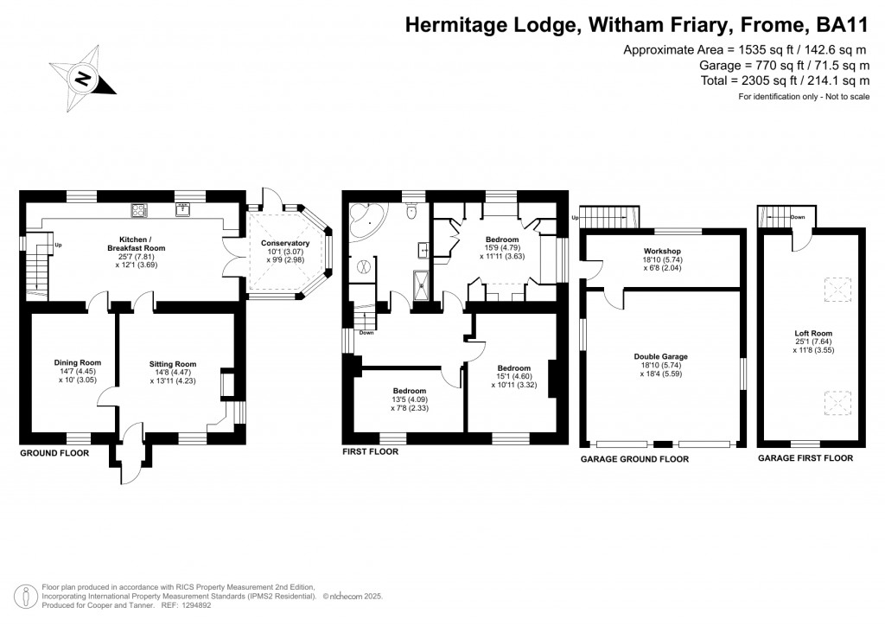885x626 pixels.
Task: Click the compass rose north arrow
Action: pos(84,79)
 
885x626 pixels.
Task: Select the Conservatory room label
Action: pos(284,243)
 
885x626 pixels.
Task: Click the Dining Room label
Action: pos(77,362)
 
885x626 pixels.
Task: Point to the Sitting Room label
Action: pos(173,364)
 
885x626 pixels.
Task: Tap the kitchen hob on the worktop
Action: pos(139,209)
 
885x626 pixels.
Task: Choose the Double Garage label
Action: pos(662,356)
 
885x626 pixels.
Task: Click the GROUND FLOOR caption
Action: pos(54,452)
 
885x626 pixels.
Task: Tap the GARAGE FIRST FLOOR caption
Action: pos(805,458)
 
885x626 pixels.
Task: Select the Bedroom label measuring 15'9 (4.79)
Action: pos(501,240)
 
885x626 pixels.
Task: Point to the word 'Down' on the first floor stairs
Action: pos(366,333)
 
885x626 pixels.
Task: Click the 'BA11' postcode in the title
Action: pos(842,26)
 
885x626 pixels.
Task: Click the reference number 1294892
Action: pos(191,604)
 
